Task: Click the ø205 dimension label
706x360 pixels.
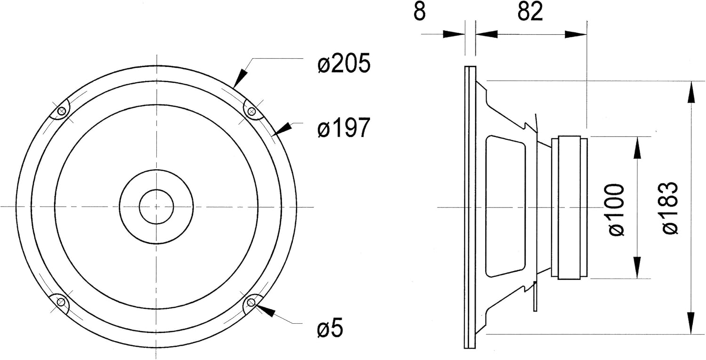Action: [x=344, y=64]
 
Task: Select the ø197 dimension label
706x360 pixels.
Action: [x=343, y=128]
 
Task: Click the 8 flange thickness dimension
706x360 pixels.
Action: [x=419, y=12]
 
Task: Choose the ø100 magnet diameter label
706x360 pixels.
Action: [x=617, y=209]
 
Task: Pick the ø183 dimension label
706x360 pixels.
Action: [x=670, y=208]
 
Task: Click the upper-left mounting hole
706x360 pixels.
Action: [x=62, y=111]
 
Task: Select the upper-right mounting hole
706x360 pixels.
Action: [x=251, y=111]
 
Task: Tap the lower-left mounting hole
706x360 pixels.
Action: [x=62, y=302]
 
